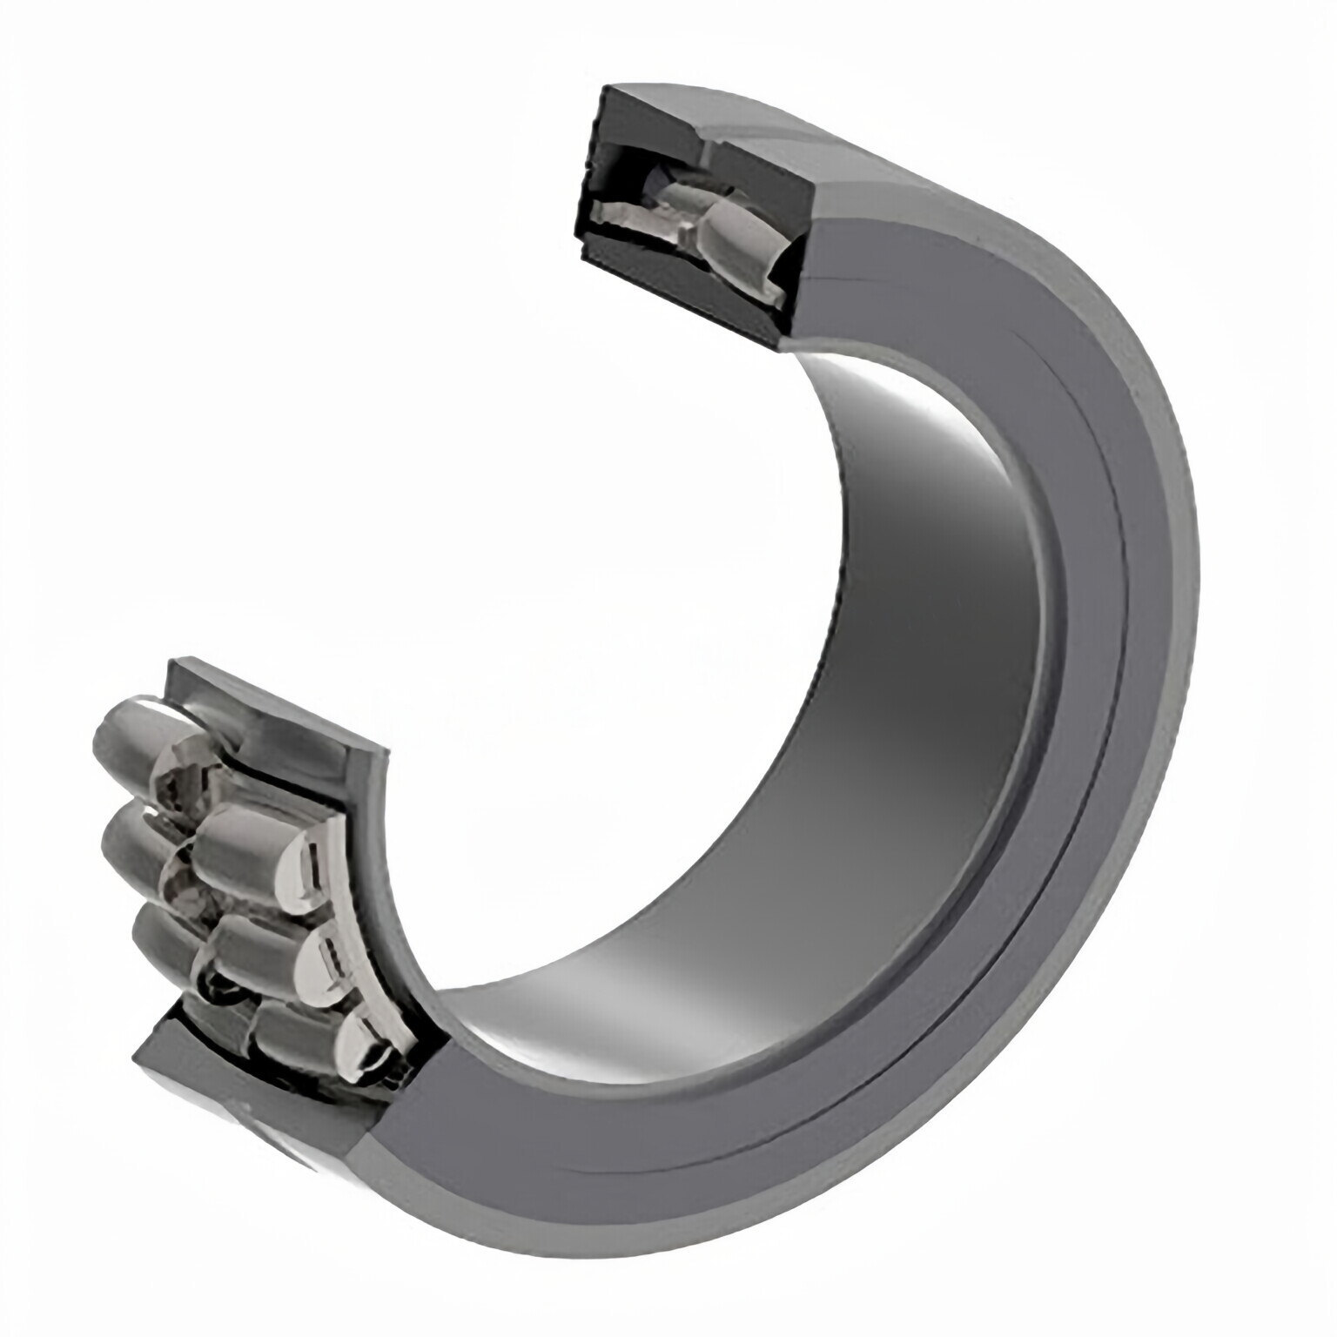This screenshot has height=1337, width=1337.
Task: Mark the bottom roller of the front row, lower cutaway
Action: point(296,1036)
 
